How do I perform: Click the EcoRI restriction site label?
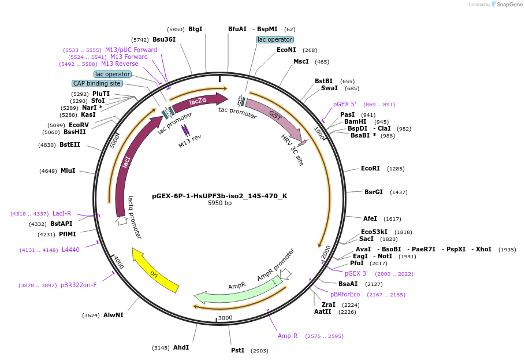(370, 169)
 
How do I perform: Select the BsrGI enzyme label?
(373, 192)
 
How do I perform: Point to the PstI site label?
(237, 350)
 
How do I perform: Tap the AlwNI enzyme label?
(113, 315)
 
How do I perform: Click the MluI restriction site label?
(68, 170)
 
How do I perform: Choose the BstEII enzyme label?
(70, 144)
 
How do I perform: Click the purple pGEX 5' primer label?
(345, 105)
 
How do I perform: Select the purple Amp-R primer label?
(288, 336)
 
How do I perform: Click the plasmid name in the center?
(219, 196)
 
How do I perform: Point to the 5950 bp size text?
(219, 203)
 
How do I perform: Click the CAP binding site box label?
(97, 83)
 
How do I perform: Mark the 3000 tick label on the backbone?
(225, 318)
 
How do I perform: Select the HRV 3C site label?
(292, 150)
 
